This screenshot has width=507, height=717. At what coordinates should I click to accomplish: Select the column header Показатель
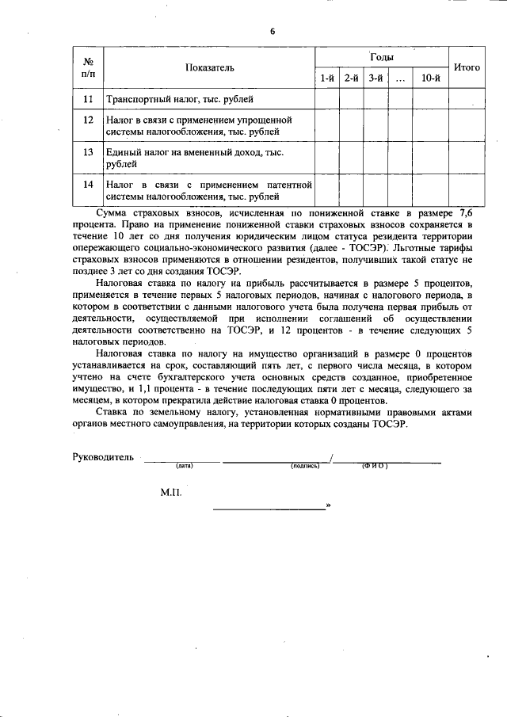point(210,68)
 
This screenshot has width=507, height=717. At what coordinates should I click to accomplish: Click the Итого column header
point(467,68)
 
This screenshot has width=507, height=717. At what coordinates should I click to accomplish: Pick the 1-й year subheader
point(327,78)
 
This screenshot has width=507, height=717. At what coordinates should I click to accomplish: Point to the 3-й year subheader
point(376,78)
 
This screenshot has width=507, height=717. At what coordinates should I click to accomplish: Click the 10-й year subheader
point(431,78)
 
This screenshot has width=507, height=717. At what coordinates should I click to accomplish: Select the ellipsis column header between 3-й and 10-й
point(400,78)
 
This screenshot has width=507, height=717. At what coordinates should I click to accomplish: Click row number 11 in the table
point(89,99)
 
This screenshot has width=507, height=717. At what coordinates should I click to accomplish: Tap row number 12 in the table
point(89,120)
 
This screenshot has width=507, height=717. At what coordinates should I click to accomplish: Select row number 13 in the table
point(89,151)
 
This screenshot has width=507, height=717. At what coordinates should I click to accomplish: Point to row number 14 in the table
point(89,184)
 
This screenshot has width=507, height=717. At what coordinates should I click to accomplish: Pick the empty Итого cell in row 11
point(467,99)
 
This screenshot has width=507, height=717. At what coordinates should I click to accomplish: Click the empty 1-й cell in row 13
point(327,158)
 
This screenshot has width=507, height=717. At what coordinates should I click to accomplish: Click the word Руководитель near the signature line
point(104,458)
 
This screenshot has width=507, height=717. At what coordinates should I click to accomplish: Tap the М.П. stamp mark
point(171,492)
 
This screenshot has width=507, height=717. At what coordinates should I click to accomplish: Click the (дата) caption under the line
point(185,466)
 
